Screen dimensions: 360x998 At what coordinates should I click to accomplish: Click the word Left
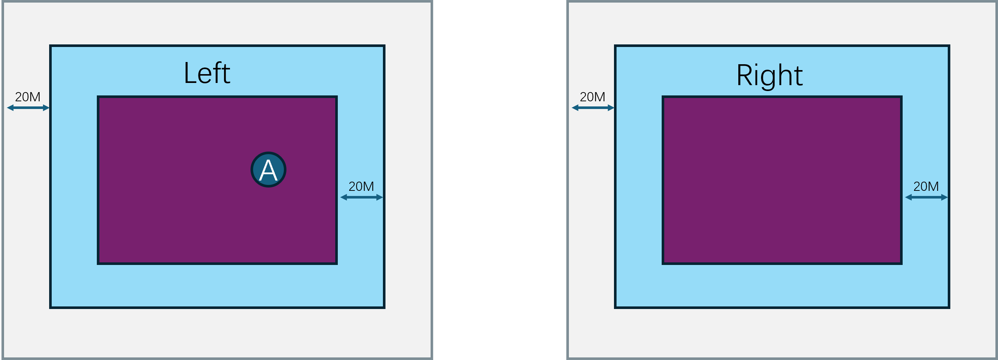207,73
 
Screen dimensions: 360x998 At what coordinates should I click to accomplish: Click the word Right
769,75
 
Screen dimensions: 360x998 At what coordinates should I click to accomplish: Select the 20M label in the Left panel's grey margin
28,97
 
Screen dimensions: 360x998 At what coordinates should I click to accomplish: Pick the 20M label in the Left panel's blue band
361,186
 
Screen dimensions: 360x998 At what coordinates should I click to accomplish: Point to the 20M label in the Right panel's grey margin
592,97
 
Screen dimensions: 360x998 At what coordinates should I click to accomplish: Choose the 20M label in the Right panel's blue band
926,186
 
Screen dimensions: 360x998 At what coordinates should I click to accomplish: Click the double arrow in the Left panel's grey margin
28,108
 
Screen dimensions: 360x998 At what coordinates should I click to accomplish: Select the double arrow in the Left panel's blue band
362,197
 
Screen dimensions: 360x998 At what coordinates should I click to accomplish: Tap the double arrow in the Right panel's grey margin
593,108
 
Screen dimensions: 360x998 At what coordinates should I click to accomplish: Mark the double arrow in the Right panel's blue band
926,197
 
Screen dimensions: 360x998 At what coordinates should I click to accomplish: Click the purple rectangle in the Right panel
782,180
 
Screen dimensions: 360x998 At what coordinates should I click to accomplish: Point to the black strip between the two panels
500,180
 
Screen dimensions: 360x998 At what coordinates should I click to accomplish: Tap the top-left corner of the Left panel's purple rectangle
98,97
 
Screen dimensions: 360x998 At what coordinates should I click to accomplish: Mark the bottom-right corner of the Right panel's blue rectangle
948,307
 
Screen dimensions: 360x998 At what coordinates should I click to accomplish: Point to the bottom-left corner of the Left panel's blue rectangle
51,307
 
